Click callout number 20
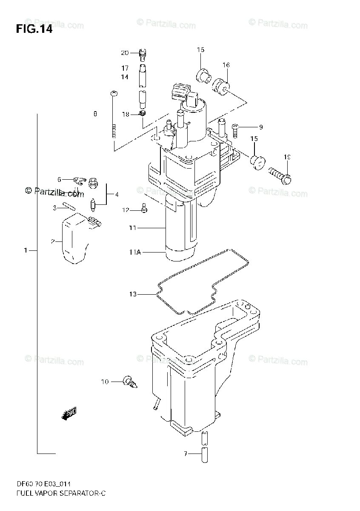(x=124, y=53)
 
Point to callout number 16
(x=226, y=65)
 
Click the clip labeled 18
(x=143, y=114)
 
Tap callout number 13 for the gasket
(x=133, y=294)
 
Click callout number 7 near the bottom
(x=186, y=454)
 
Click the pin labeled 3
(x=68, y=207)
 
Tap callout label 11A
(x=135, y=253)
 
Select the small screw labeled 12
(x=145, y=209)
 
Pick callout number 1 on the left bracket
(x=26, y=250)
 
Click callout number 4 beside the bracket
(x=116, y=195)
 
